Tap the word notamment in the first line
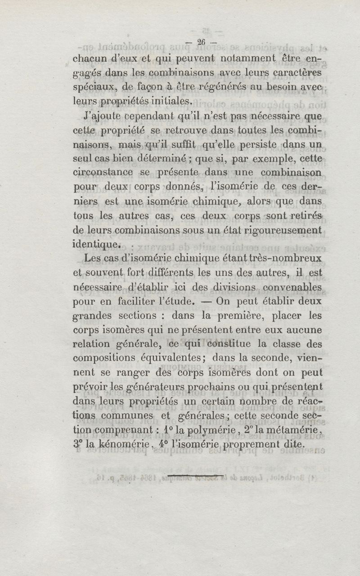pos(243,58)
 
